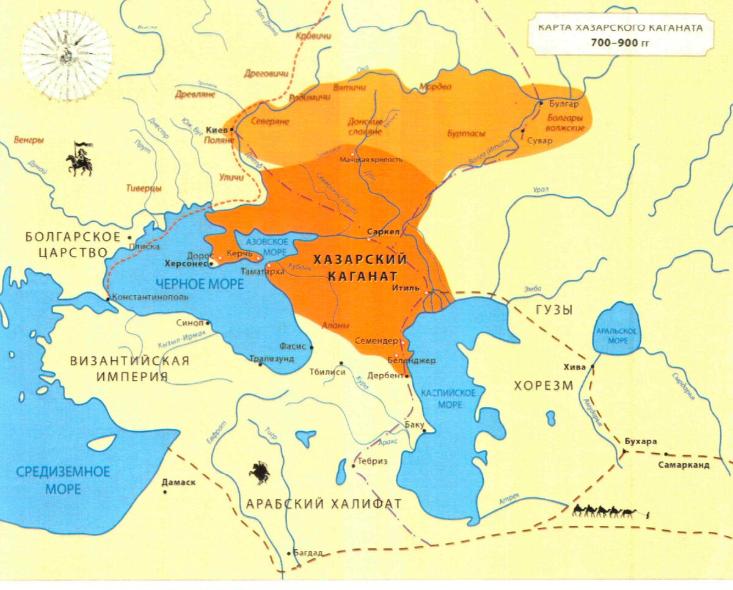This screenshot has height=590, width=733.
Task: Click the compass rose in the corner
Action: point(67,56)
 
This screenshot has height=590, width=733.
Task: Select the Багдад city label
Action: point(308,553)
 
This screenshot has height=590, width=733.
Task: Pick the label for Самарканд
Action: point(684,465)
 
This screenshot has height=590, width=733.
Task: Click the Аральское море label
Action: point(618,335)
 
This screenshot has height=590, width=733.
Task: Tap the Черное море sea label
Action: point(199,283)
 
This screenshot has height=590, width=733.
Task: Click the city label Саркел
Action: point(383,232)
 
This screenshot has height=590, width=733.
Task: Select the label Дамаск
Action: point(178,482)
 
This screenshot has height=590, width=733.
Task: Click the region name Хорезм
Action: point(543,385)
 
